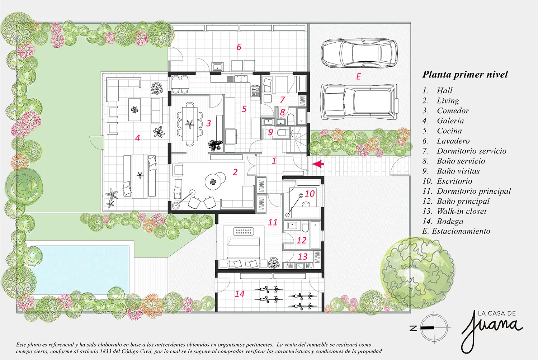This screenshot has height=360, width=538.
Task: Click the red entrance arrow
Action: (318, 164)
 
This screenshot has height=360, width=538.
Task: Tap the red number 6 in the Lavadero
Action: (239, 47)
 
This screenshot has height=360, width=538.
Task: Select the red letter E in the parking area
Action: (358, 76)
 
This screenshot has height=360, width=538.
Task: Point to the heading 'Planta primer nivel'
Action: (465, 74)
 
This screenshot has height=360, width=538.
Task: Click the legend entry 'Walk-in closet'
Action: (454, 211)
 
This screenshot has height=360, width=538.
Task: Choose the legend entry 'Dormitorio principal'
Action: (467, 191)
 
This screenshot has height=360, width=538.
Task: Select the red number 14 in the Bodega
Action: (240, 293)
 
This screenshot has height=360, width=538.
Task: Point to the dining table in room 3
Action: (190, 124)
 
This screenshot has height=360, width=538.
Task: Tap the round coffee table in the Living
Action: (213, 182)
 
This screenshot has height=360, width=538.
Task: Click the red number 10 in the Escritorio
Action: (309, 194)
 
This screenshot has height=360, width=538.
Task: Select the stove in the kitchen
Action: (255, 91)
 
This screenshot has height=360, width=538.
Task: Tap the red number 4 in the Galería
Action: (137, 138)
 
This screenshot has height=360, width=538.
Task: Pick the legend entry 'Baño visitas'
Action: (451, 171)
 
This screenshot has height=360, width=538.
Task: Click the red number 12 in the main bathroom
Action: (301, 240)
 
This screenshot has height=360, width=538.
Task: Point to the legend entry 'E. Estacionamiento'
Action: (456, 231)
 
